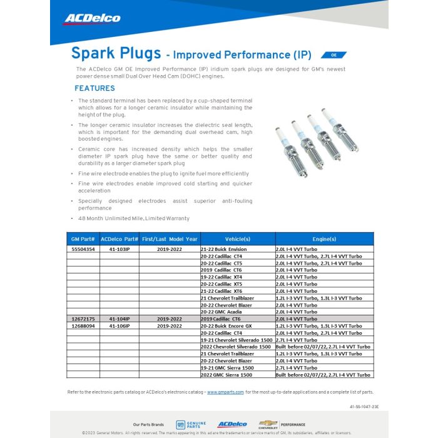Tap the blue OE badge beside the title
click(334, 55)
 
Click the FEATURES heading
click(94, 88)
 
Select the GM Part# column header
click(83, 239)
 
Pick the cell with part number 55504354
click(83, 249)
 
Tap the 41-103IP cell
click(119, 249)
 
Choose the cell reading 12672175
click(83, 318)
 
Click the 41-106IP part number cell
click(119, 326)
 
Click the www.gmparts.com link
click(225, 392)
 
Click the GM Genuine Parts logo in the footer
click(191, 424)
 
